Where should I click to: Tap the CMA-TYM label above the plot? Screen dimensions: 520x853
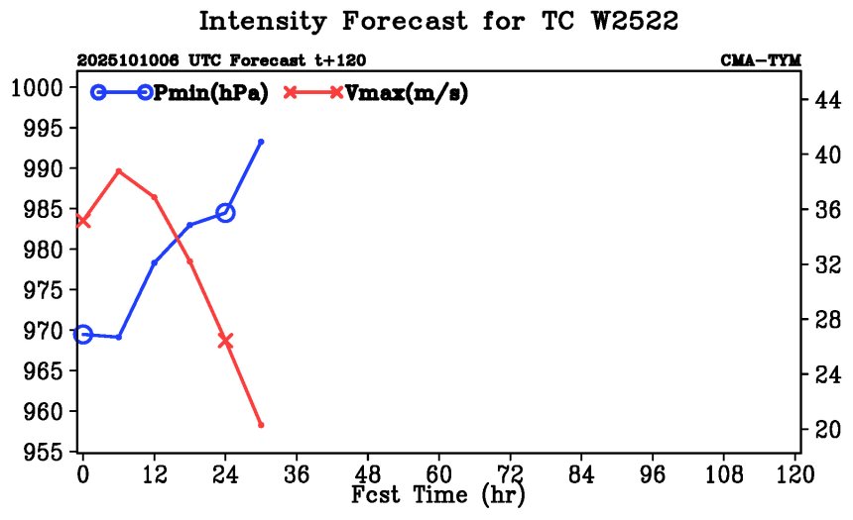(x=760, y=60)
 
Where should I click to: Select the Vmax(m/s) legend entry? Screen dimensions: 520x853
(x=405, y=92)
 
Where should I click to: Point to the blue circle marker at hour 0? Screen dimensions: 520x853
(x=83, y=335)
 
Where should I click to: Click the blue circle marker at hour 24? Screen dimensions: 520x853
(x=225, y=212)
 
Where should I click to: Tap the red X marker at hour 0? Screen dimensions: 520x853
(x=83, y=220)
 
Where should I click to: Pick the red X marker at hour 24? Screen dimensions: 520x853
(x=225, y=340)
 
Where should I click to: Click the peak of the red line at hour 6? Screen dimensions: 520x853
(x=119, y=170)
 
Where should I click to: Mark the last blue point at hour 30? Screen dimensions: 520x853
(x=261, y=142)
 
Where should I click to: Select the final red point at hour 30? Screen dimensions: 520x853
(x=261, y=425)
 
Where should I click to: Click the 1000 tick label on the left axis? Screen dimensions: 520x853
(x=38, y=88)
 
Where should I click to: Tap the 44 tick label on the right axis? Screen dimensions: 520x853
(x=827, y=100)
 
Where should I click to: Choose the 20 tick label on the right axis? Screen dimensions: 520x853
(x=827, y=429)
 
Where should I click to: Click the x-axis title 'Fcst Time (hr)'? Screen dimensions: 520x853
(x=438, y=494)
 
